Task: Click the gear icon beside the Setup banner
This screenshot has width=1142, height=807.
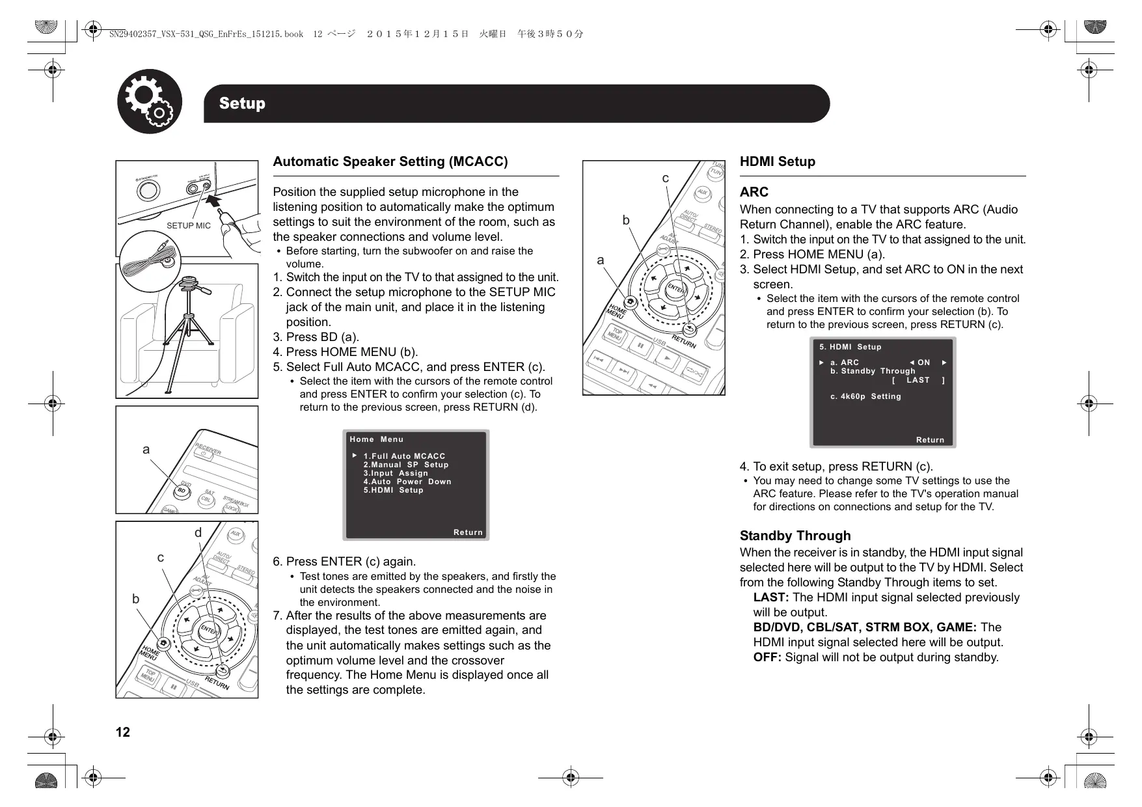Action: pyautogui.click(x=150, y=102)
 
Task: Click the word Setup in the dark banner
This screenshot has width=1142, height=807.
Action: pyautogui.click(x=242, y=103)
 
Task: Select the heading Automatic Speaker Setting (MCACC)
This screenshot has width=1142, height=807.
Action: pyautogui.click(x=390, y=161)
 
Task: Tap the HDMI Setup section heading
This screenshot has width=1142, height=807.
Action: pyautogui.click(x=777, y=161)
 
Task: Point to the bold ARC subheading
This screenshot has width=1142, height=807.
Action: pyautogui.click(x=754, y=192)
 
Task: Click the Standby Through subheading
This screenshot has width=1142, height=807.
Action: pyautogui.click(x=795, y=536)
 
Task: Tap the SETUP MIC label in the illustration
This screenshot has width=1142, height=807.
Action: pyautogui.click(x=188, y=226)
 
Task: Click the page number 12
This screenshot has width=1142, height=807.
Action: pyautogui.click(x=122, y=732)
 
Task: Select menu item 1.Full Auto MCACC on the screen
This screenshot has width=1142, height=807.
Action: pyautogui.click(x=404, y=456)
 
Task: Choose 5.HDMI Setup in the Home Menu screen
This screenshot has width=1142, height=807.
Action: pyautogui.click(x=393, y=490)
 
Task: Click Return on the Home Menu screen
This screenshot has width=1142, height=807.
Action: pyautogui.click(x=468, y=532)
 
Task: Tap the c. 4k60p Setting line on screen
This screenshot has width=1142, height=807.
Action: pyautogui.click(x=865, y=396)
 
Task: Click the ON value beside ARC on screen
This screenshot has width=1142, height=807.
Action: pyautogui.click(x=923, y=362)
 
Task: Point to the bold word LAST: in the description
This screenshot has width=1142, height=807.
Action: pyautogui.click(x=771, y=597)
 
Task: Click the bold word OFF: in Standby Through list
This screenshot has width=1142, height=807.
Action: pyautogui.click(x=767, y=657)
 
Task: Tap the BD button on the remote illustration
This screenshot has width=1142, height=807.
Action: pyautogui.click(x=184, y=491)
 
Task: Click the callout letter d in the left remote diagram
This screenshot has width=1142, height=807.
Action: pyautogui.click(x=198, y=533)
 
